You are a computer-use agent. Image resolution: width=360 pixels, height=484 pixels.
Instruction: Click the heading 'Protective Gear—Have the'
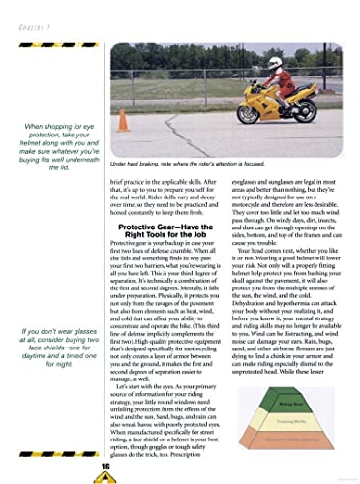[170, 198]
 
